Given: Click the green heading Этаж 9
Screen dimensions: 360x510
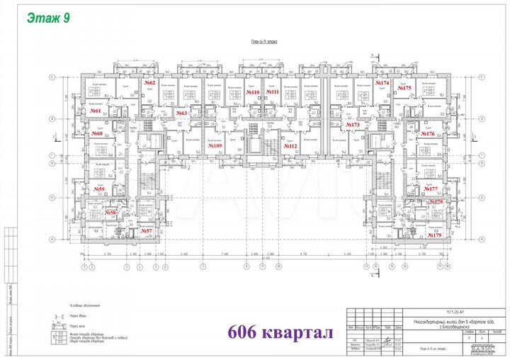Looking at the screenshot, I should (x=48, y=18).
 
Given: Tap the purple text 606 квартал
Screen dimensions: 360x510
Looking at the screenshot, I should (x=280, y=332).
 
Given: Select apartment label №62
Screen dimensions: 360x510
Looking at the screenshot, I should (x=149, y=83).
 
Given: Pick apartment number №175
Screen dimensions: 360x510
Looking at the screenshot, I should (x=403, y=88).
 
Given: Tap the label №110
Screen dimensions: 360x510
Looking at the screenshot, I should (x=253, y=93).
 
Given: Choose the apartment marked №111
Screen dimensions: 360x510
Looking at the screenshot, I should (x=273, y=93).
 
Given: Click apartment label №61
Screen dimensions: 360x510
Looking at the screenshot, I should (x=96, y=111).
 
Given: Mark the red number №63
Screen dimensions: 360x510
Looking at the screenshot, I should (x=181, y=113).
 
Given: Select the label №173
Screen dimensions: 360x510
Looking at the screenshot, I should (x=353, y=125).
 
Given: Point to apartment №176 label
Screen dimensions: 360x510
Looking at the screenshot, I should (x=427, y=133).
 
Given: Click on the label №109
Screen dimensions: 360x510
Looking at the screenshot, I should (x=216, y=146).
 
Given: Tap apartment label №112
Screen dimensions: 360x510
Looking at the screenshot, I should (x=290, y=146).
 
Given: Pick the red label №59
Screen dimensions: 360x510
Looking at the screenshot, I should (x=99, y=189).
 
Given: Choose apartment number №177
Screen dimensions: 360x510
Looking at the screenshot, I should (x=431, y=189).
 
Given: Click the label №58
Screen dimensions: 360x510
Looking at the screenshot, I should (x=110, y=213).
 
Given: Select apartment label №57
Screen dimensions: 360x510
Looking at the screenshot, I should (x=146, y=231).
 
